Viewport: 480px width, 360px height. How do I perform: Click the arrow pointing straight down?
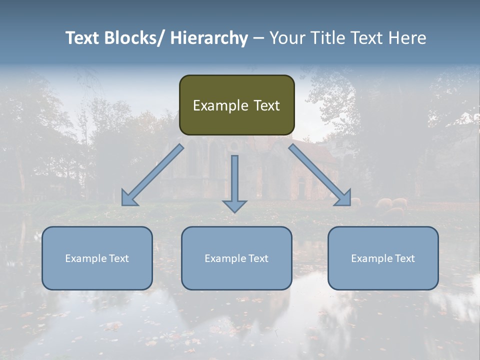(234, 182)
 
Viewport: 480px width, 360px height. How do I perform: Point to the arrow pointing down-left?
(152, 175)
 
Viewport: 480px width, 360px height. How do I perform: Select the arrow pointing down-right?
(320, 175)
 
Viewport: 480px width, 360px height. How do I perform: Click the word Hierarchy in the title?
(209, 38)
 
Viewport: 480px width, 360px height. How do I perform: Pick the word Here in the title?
(408, 38)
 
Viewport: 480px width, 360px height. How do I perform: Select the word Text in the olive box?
(266, 105)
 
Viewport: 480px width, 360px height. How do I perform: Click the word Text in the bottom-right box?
(404, 258)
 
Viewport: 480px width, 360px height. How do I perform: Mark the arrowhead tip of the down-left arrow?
(123, 204)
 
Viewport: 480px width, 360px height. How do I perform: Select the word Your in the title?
(286, 38)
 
